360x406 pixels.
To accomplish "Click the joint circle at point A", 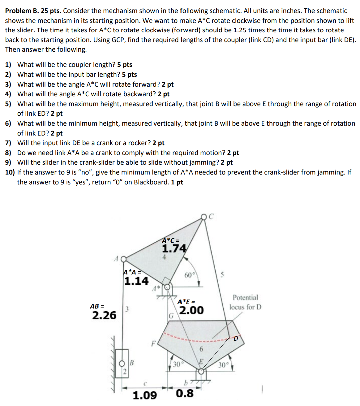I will click(123, 259).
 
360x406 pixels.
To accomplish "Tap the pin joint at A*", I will click(167, 287).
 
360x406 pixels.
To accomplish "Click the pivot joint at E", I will click(201, 371).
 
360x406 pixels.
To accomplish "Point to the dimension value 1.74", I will click(174, 248).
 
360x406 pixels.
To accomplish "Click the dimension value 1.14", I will click(136, 281).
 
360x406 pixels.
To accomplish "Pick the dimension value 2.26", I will click(104, 315).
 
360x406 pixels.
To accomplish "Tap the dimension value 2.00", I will click(191, 310).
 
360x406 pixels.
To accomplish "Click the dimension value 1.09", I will click(144, 395).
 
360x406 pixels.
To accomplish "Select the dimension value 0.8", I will click(185, 394).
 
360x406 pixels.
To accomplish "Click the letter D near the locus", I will click(236, 339).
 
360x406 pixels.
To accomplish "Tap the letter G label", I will click(171, 316).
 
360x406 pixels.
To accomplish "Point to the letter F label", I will click(152, 343).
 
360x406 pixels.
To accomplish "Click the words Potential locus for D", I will click(245, 302).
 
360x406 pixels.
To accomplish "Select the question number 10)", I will click(10, 172).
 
